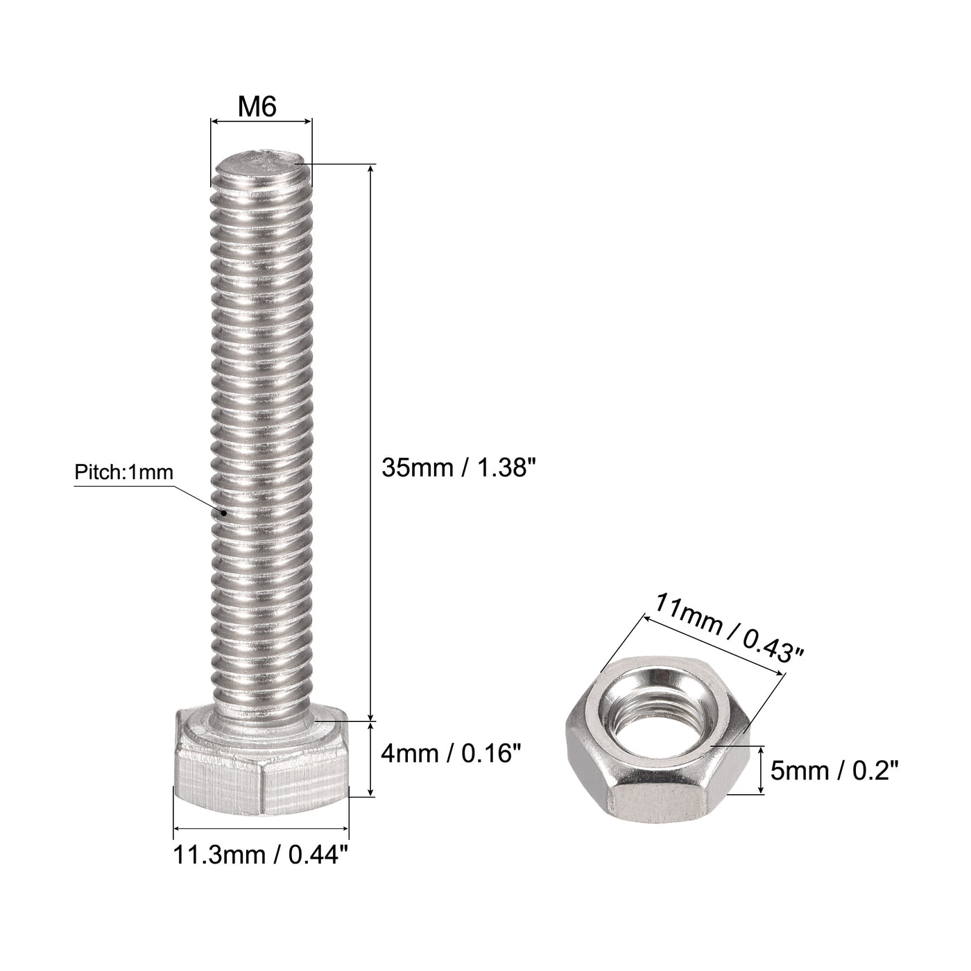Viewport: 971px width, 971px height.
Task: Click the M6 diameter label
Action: [257, 107]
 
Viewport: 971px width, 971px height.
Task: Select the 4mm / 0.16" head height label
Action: [450, 755]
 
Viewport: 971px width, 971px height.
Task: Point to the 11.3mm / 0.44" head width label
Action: [261, 855]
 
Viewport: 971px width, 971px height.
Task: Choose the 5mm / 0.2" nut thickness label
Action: [834, 771]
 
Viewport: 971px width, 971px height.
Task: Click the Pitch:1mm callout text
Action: [124, 472]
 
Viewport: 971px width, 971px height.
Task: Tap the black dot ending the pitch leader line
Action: [223, 513]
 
